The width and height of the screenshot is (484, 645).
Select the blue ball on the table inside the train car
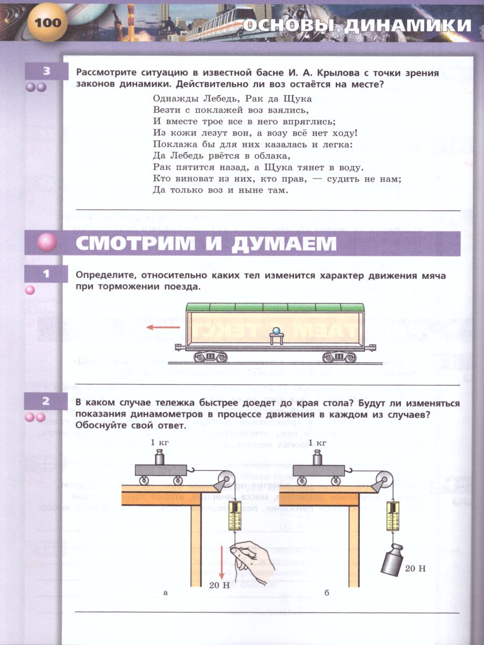click(277, 331)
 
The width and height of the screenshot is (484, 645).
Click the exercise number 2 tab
click(47, 400)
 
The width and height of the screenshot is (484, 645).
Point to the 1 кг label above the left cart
click(160, 442)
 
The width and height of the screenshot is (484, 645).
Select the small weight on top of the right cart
click(318, 459)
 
